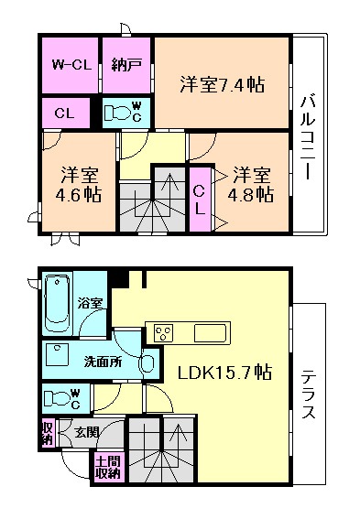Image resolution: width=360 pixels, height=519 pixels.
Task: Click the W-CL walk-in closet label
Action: click(68, 65)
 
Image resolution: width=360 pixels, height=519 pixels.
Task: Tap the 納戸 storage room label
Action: click(125, 65)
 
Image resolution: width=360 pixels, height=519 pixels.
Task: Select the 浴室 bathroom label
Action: click(91, 301)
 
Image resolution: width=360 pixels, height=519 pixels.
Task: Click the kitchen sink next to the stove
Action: click(209, 331)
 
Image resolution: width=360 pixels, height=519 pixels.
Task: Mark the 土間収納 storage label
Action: click(107, 467)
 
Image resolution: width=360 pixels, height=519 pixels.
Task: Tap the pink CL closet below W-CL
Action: click(65, 114)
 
